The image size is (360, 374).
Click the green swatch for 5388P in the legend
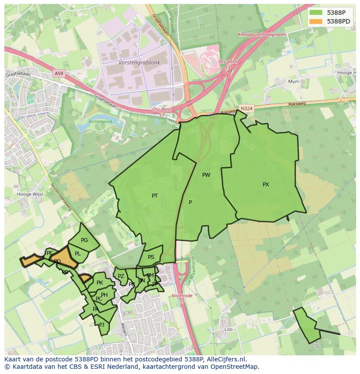point(316,13)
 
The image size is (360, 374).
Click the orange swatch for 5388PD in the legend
point(316,21)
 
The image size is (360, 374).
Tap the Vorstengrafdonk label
point(139,63)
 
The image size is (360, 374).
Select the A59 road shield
point(59,74)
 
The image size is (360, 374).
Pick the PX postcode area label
point(266,185)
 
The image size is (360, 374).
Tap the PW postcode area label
point(206,175)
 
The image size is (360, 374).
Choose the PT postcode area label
point(155,196)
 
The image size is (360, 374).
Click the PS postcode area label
point(151,257)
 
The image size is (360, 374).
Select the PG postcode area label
point(84,240)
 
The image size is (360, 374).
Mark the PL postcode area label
point(78,254)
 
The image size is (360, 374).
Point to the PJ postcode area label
point(102,324)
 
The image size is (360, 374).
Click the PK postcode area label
point(100,283)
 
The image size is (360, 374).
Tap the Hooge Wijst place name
point(30,194)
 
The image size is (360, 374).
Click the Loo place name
point(228,330)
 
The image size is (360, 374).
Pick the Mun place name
point(293,81)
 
